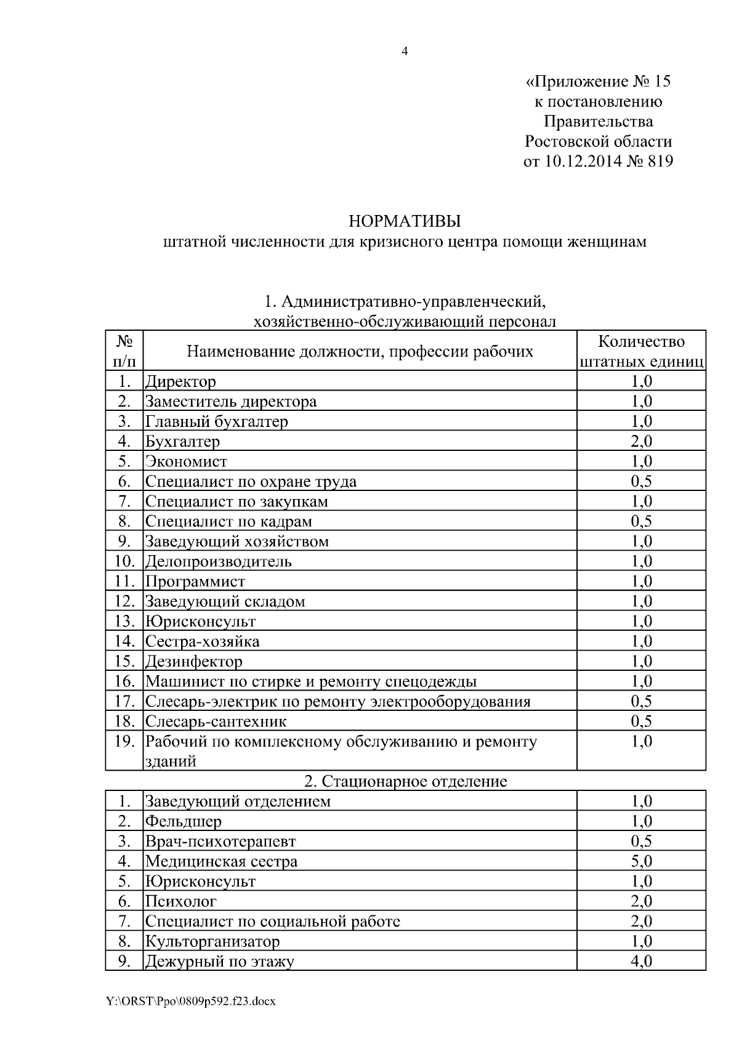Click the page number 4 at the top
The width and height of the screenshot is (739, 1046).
pyautogui.click(x=405, y=52)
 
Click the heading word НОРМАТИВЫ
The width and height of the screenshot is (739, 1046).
pyautogui.click(x=405, y=221)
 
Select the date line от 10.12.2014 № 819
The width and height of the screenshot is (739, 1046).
pyautogui.click(x=597, y=161)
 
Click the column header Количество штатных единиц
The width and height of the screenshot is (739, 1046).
pyautogui.click(x=641, y=351)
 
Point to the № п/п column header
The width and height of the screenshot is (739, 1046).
pyautogui.click(x=124, y=351)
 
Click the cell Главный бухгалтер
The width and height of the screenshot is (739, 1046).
pyautogui.click(x=217, y=421)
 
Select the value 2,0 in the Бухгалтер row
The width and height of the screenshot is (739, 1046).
pyautogui.click(x=641, y=441)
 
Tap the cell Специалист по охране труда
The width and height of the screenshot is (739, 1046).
pyautogui.click(x=251, y=481)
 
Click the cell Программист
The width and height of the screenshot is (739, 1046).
pyautogui.click(x=195, y=581)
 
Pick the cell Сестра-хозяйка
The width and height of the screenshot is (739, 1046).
pyautogui.click(x=203, y=641)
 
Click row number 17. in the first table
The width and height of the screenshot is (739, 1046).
pyautogui.click(x=124, y=701)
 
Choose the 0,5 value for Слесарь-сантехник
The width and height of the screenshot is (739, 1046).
pyautogui.click(x=641, y=721)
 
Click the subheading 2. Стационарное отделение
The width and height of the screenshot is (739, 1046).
pyautogui.click(x=405, y=781)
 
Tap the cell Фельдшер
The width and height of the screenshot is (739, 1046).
pyautogui.click(x=184, y=821)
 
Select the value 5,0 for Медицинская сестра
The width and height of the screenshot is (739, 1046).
pyautogui.click(x=641, y=861)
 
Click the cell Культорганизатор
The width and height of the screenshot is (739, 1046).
pyautogui.click(x=212, y=941)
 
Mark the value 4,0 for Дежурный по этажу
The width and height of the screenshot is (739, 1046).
pyautogui.click(x=641, y=961)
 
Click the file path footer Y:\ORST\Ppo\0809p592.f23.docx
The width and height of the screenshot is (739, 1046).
pyautogui.click(x=190, y=1002)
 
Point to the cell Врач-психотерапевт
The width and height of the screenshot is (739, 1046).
pyautogui.click(x=220, y=841)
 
